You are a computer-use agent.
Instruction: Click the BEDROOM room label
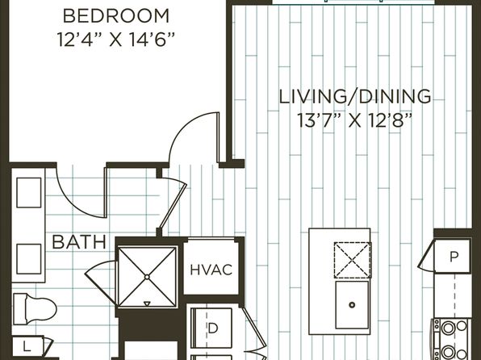pyautogui.click(x=116, y=16)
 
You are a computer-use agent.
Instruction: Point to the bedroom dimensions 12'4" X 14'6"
pyautogui.click(x=116, y=40)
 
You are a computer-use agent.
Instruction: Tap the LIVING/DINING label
pyautogui.click(x=355, y=96)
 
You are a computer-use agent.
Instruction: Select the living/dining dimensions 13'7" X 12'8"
pyautogui.click(x=354, y=120)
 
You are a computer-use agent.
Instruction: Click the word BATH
pyautogui.click(x=79, y=242)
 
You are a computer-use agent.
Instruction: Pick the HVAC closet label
pyautogui.click(x=211, y=270)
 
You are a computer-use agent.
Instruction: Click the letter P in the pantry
pyautogui.click(x=454, y=256)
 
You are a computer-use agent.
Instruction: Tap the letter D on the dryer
pyautogui.click(x=212, y=328)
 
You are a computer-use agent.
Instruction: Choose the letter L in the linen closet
pyautogui.click(x=27, y=347)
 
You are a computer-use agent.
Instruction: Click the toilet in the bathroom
pyautogui.click(x=35, y=308)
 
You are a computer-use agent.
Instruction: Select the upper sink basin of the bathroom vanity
pyautogui.click(x=29, y=193)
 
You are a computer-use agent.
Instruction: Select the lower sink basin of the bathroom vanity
pyautogui.click(x=29, y=259)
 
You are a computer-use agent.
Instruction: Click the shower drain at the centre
pyautogui.click(x=147, y=277)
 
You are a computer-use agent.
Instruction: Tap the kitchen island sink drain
pyautogui.click(x=352, y=305)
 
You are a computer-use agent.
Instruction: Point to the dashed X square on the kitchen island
pyautogui.click(x=353, y=260)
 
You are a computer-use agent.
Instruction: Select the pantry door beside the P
pyautogui.click(x=426, y=255)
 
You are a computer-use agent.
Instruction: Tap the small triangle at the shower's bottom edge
pyautogui.click(x=147, y=303)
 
